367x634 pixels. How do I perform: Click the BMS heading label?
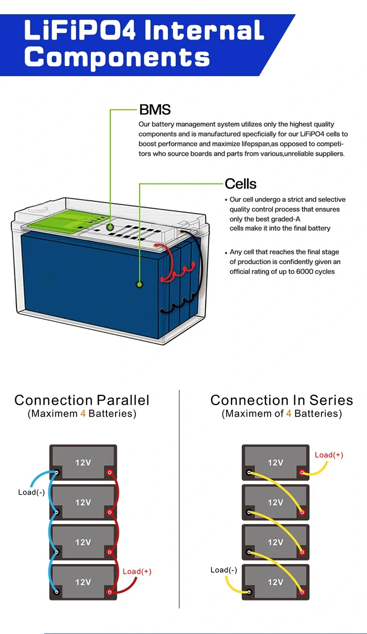(x=155, y=110)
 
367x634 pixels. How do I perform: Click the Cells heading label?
(x=240, y=184)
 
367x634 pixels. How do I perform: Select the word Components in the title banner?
(x=117, y=58)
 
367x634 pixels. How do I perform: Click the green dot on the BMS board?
(x=110, y=227)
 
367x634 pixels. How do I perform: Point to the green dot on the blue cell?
(x=139, y=284)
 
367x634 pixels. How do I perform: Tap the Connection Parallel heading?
(x=82, y=400)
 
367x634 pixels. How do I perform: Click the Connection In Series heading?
(x=282, y=400)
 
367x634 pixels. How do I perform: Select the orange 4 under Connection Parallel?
(x=83, y=414)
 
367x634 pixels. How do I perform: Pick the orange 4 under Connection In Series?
(x=289, y=414)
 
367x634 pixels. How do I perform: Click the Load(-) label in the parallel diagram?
(x=31, y=492)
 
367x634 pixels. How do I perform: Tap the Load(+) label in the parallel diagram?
(x=137, y=572)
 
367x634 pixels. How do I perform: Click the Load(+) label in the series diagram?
(x=329, y=455)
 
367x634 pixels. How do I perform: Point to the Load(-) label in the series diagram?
(x=224, y=570)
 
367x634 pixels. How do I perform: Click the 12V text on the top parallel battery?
(x=83, y=462)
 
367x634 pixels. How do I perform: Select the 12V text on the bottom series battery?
(x=275, y=582)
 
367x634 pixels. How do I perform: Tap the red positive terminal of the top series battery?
(x=302, y=473)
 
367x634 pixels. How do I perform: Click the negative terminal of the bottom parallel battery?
(x=56, y=592)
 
